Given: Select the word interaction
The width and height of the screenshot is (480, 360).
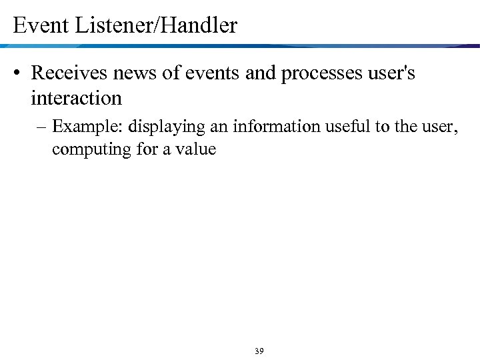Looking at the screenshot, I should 76,99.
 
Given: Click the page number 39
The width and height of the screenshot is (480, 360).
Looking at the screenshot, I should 259,351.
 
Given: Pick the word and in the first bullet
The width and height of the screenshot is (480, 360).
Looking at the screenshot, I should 260,73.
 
